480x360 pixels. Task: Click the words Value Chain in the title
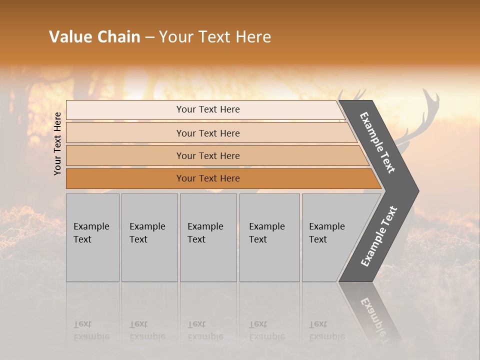tap(94, 37)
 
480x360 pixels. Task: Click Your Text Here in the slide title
tap(215, 37)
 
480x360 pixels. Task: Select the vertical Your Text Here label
tap(58, 143)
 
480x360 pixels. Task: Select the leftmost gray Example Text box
tap(92, 260)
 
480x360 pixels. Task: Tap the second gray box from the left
tap(149, 260)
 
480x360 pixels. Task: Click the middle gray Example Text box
tap(208, 260)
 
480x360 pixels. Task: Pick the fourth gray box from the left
tap(269, 260)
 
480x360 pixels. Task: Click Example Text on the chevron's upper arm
tap(377, 143)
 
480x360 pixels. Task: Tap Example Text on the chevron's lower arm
tap(378, 236)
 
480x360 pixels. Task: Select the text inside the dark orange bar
tap(208, 178)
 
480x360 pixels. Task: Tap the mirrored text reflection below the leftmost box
tap(91, 330)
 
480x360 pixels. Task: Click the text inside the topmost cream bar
tap(208, 109)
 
